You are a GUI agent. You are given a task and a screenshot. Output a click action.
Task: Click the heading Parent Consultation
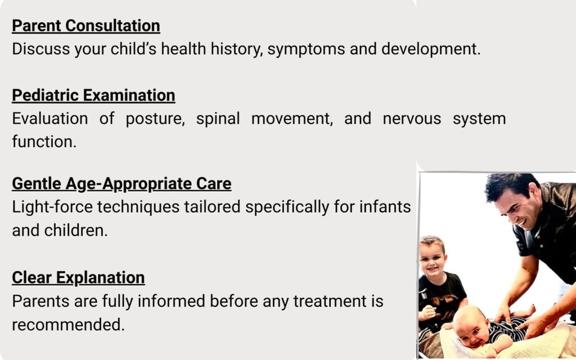pos(86,26)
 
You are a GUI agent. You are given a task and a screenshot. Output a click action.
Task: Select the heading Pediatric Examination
pos(93,96)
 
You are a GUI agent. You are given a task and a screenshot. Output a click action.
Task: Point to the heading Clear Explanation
pos(78,278)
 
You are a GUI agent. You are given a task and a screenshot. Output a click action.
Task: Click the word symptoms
pos(306,49)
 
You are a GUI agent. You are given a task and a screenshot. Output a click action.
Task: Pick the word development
pos(430,49)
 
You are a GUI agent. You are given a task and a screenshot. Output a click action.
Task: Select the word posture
pos(155,119)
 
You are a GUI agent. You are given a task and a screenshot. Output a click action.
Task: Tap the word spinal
pos(218,119)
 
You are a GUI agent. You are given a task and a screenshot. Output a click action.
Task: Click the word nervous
pos(412,119)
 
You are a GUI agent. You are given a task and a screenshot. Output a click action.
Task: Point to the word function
pos(44,141)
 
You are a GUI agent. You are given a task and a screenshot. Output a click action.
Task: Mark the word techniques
pos(138,208)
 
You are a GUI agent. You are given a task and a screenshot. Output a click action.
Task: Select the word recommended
pos(68,325)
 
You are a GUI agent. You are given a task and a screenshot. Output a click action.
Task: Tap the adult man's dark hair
pos(511,186)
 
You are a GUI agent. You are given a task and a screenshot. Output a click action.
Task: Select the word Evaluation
pos(50,119)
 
